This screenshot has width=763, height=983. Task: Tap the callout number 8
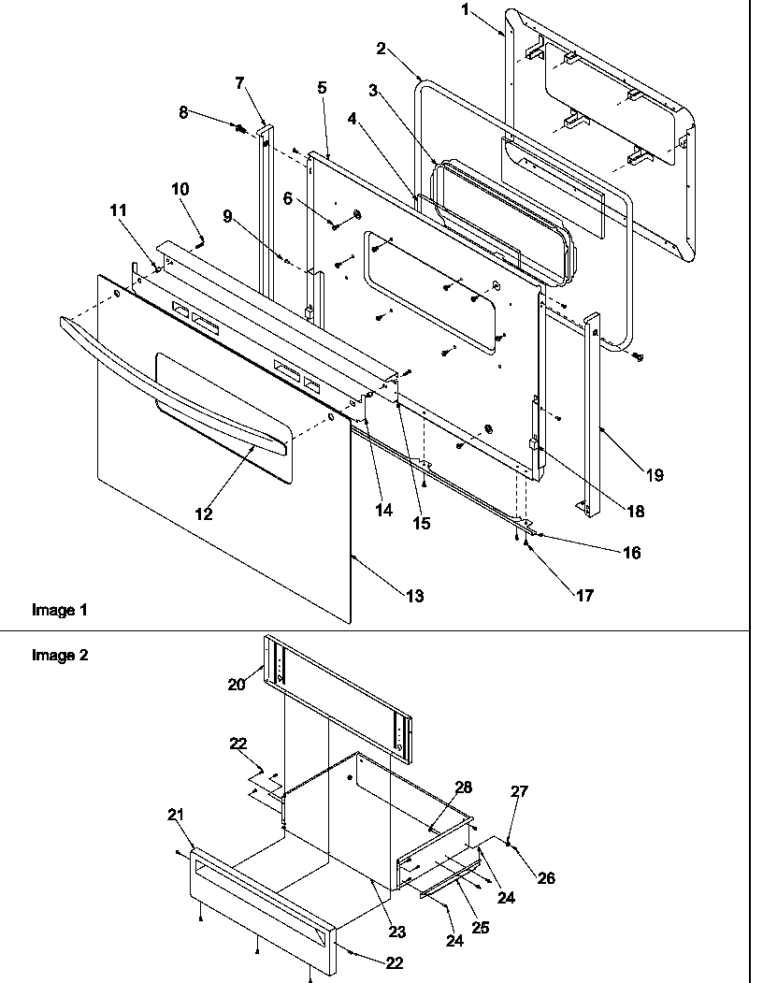point(183,112)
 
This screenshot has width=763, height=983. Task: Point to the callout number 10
point(180,189)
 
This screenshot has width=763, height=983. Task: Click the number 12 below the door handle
point(204,513)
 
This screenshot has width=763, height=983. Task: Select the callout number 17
point(584,595)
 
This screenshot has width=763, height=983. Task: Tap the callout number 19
point(654,475)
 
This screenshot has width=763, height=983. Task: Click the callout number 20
point(236,684)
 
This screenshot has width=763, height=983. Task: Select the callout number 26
point(546,877)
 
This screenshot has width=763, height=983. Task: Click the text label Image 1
point(60,610)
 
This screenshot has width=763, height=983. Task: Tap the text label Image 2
point(60,655)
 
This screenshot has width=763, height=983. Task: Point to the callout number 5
point(322,87)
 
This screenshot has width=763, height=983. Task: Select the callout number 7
point(239,83)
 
